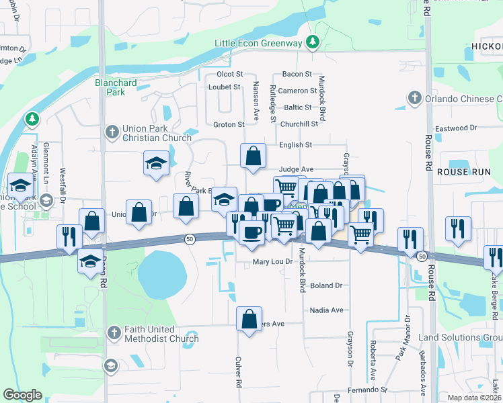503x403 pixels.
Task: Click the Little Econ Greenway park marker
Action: point(312,43)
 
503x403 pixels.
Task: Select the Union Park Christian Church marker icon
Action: point(112,131)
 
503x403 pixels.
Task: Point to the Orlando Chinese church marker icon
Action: point(414,99)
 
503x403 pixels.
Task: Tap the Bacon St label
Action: point(297,74)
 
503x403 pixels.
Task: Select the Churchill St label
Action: point(299,124)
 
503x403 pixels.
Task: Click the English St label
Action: point(296,144)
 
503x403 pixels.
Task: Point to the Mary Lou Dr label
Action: point(273,262)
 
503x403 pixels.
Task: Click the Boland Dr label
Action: point(326,285)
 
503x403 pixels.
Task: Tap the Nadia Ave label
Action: point(327,310)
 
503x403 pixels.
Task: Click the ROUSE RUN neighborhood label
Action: point(465,172)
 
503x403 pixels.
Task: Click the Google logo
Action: point(23,395)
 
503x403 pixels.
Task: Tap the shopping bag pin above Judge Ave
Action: point(252,156)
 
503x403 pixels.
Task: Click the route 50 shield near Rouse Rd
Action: point(422,257)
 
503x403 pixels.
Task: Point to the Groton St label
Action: point(228,124)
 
